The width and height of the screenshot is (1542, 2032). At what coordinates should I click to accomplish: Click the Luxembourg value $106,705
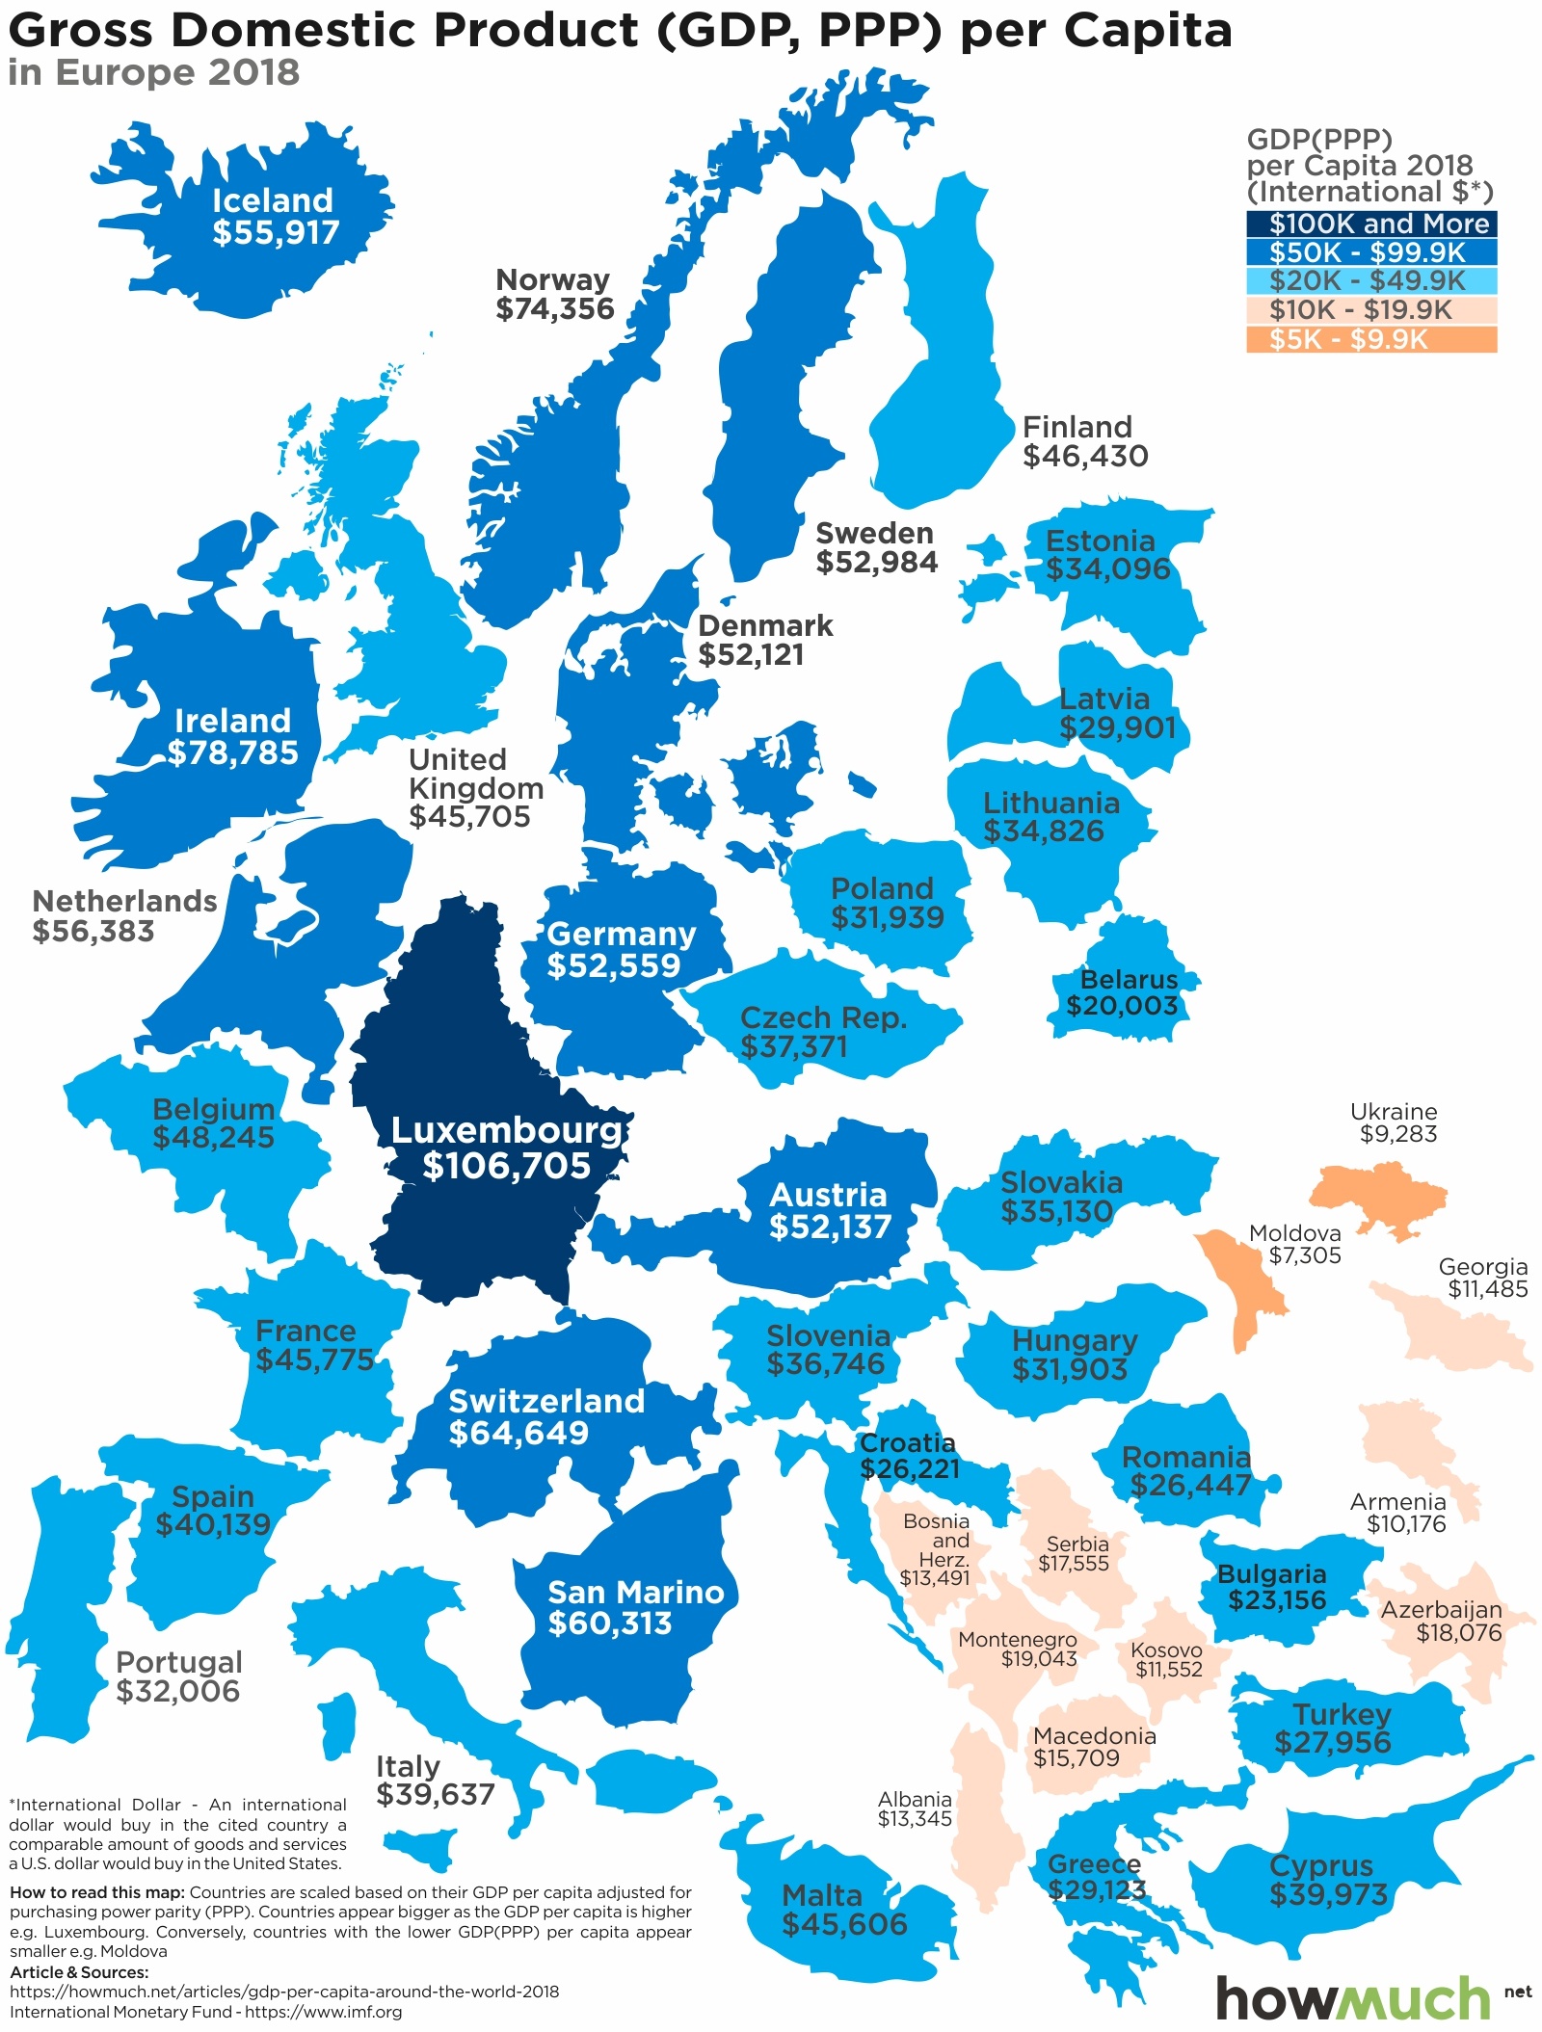506,1166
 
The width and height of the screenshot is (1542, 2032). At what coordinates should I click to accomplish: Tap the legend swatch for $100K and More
1370,224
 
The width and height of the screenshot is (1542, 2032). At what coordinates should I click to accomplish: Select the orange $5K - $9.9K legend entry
1370,339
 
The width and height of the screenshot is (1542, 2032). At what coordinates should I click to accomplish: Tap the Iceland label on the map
273,200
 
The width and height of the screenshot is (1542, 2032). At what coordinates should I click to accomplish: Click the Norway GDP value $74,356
555,309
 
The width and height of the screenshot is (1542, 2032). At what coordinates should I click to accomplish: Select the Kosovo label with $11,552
1167,1659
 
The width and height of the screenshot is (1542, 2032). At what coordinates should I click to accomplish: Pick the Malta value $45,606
844,1924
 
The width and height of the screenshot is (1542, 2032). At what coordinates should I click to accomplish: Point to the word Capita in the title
1148,31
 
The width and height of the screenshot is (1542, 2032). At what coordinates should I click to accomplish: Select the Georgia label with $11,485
1484,1278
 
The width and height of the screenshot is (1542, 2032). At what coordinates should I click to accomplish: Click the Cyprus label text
1321,1865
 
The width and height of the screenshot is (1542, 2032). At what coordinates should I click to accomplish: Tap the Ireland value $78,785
233,752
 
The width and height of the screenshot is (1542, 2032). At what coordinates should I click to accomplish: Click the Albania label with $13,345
915,1808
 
